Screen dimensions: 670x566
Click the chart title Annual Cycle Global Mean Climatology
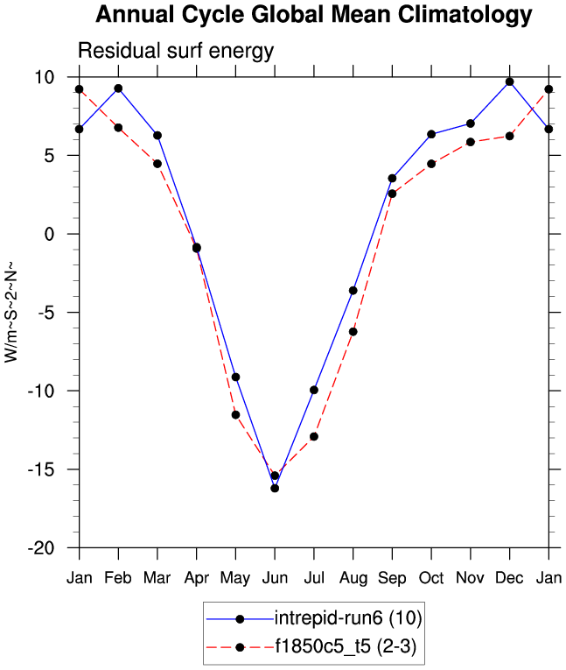[x=313, y=15]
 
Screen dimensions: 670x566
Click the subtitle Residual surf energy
[x=176, y=52]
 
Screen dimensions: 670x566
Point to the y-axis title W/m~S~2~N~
[x=12, y=312]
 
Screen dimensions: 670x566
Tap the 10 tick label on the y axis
[x=45, y=77]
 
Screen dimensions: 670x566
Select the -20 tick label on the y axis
[x=40, y=547]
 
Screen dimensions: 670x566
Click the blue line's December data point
[x=509, y=81]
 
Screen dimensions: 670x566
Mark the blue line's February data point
[x=118, y=88]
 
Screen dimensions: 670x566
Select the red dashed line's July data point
[x=314, y=436]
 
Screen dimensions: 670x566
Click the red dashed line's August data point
[x=353, y=331]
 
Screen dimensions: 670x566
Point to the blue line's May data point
[x=235, y=377]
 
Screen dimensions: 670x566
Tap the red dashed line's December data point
[x=509, y=136]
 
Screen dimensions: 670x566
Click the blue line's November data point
[x=471, y=123]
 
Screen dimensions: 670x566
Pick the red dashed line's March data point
[x=157, y=164]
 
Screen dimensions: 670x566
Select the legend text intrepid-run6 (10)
[x=348, y=619]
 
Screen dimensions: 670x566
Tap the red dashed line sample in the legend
[x=239, y=647]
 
